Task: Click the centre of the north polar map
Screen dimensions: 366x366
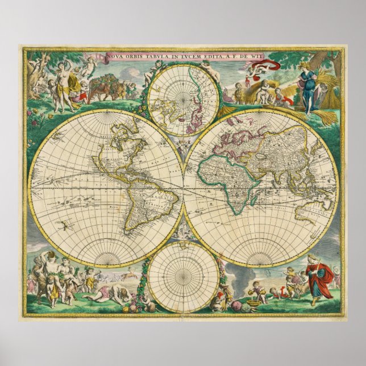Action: click(183, 99)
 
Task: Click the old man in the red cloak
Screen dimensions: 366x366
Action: click(318, 278)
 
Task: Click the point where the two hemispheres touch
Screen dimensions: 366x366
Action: click(183, 188)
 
